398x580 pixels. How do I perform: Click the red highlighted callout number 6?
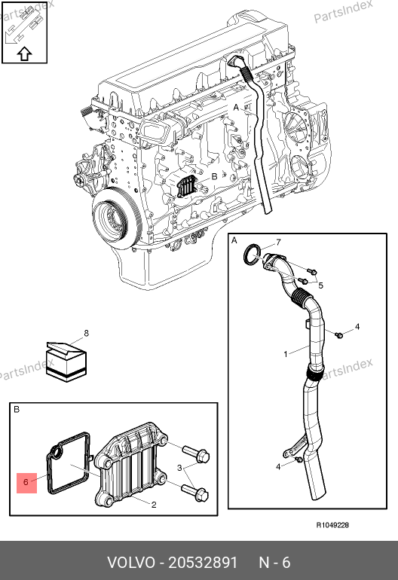pos(26,482)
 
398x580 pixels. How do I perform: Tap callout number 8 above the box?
pos(86,333)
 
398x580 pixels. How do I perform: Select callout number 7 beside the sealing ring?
pos(278,243)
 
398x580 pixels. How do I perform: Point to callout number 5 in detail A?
pos(320,285)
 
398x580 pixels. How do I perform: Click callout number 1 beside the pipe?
pos(286,354)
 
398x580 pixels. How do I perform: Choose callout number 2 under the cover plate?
pos(154,505)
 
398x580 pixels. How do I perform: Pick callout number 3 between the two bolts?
pos(179,468)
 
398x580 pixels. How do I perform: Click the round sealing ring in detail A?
pos(252,255)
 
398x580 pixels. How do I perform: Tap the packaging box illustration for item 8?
pos(66,362)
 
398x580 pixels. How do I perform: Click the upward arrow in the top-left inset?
pos(24,53)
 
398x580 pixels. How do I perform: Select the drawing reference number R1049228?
pos(332,525)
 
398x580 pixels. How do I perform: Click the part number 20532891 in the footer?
pos(203,563)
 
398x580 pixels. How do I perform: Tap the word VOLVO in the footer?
pos(131,563)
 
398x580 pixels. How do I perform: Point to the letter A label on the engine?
pos(236,107)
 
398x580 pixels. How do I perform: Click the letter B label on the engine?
pos(214,177)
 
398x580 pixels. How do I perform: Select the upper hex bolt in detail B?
pos(196,453)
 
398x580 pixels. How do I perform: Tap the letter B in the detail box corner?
pos(17,410)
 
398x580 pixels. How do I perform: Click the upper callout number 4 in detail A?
pos(357,327)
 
